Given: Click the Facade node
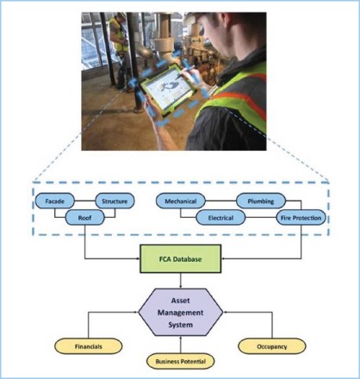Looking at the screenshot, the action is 55,201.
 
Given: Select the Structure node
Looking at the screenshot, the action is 115,201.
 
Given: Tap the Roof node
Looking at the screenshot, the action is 85,218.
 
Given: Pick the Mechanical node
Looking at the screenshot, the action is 181,201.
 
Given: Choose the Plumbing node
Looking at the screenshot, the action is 261,201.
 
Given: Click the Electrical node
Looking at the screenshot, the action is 220,218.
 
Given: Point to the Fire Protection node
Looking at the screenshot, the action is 301,218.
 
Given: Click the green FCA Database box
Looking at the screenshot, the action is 180,258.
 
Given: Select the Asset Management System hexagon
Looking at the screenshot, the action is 181,313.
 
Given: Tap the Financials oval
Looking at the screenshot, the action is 89,346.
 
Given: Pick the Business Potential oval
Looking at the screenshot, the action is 181,361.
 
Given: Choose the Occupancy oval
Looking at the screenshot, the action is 272,346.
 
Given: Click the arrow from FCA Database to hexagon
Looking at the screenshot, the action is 181,281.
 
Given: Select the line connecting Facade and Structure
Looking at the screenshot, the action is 84,201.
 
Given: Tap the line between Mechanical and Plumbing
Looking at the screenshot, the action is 220,201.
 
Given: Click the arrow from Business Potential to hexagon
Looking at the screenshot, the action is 181,345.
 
